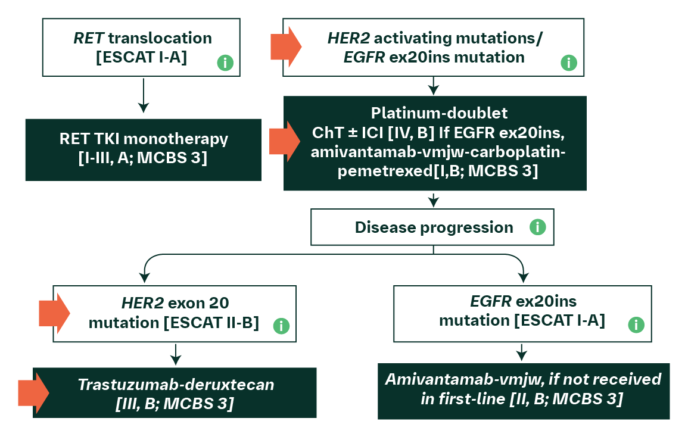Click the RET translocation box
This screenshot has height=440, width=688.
coord(141,48)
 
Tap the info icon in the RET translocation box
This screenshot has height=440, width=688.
coord(225,63)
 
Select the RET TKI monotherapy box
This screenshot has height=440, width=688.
coord(144,149)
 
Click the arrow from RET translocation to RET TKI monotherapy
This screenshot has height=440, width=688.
coord(144,95)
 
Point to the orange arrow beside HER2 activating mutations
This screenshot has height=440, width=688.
coord(286,46)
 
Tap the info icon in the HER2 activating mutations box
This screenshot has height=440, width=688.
coord(569,63)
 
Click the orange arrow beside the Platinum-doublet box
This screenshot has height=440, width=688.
coord(285,141)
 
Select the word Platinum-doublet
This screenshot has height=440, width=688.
coord(439,113)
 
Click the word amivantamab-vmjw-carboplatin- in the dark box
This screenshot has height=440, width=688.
coord(438,152)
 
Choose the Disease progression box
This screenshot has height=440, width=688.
coord(432,227)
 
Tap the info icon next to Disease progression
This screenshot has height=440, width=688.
coord(537,227)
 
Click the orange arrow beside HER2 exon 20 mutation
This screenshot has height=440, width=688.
coord(54,313)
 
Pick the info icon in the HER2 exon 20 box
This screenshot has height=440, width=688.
coord(281,326)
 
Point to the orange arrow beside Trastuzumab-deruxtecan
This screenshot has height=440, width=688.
coord(34,393)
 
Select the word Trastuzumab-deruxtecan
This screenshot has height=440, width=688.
coord(176,385)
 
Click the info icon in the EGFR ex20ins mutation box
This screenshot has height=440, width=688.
coord(636,324)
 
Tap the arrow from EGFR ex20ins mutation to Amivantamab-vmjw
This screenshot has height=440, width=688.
coord(522,352)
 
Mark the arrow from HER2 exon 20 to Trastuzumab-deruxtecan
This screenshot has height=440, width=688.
coord(176,354)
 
